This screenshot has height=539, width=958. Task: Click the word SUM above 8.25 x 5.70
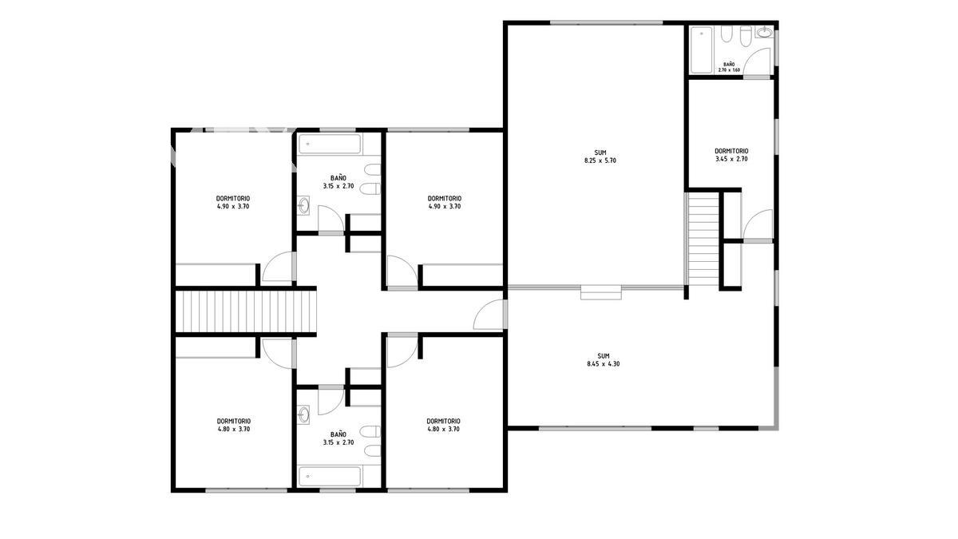coord(600,153)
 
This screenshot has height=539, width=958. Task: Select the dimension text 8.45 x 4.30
coord(604,364)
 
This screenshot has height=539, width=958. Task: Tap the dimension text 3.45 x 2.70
coord(731,159)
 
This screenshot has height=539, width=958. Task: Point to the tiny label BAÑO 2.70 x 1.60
coord(729,67)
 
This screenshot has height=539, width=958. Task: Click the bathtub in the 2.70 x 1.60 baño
coord(702,50)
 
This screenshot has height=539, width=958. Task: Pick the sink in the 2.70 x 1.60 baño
coord(764,32)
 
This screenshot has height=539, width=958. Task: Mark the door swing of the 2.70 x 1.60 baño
coord(757,62)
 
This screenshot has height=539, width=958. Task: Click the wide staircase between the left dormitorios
coord(246,311)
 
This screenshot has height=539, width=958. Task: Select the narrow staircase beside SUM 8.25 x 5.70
coord(703,240)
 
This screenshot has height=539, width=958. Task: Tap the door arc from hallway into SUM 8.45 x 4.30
coord(489,315)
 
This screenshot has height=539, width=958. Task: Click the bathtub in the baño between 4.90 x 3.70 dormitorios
coord(330,145)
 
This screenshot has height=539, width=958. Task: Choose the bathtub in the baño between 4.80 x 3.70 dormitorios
coord(330,476)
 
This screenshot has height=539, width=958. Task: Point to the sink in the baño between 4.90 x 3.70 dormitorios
coord(303,205)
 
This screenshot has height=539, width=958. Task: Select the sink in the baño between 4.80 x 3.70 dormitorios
coord(303,414)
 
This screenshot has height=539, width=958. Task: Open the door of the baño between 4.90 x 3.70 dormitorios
coord(331,220)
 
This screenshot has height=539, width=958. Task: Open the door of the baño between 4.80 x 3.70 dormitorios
coord(331,400)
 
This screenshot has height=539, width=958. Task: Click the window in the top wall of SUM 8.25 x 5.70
coord(606,22)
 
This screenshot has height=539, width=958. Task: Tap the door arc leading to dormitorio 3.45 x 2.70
coord(758,225)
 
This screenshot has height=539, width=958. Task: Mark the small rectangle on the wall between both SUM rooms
coord(601,291)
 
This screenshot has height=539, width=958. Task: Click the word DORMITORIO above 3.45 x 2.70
coord(731,151)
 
